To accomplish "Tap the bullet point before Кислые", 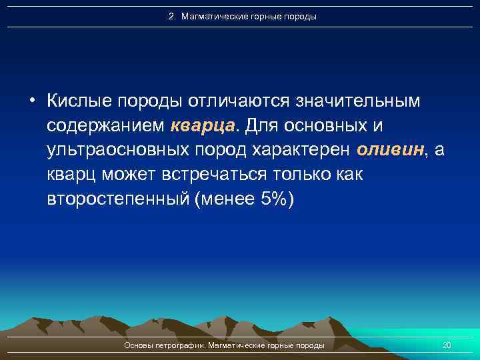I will click(x=32, y=101).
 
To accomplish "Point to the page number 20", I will click(x=447, y=345).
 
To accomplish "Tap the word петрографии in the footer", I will click(x=180, y=345).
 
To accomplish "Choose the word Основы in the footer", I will click(x=139, y=345).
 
